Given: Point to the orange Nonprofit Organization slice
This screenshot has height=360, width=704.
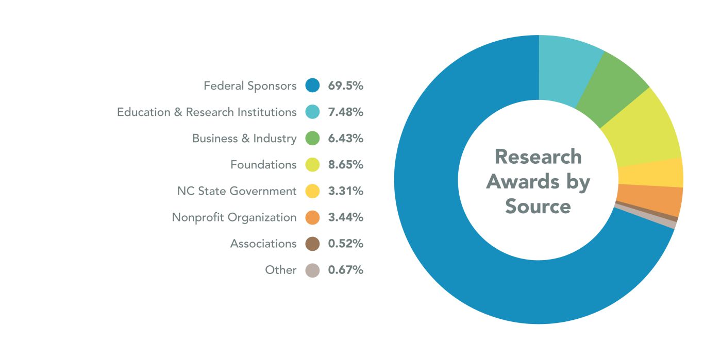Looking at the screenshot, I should (649, 200).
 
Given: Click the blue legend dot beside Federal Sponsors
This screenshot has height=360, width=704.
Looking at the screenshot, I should (312, 85).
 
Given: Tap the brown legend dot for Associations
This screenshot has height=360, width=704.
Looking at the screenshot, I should (312, 244).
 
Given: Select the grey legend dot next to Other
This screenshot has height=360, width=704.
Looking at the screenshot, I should (312, 270).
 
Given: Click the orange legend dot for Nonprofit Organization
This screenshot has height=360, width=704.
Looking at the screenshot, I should (312, 217).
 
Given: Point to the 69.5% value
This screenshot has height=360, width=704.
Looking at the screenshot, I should (346, 85).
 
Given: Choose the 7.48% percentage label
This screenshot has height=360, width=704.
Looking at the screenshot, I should (346, 112).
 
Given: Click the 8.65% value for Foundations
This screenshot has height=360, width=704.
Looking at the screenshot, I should (346, 165).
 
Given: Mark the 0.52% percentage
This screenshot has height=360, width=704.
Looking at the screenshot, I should (346, 244).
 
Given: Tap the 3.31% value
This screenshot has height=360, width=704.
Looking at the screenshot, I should (346, 191).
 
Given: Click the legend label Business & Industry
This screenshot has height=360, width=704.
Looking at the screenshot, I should (244, 139).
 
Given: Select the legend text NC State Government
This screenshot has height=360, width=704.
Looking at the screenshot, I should (237, 191).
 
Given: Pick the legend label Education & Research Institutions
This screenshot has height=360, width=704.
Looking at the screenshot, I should (207, 112).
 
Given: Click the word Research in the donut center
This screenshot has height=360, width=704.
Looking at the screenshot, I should (538, 157).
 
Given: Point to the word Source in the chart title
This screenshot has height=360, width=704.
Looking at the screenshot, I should (538, 206).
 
